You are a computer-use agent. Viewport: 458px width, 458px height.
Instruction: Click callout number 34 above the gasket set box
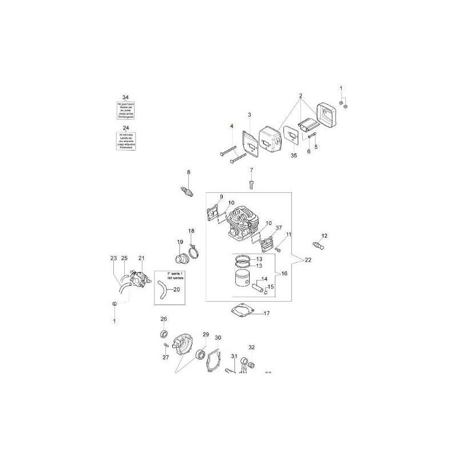coord(125,98)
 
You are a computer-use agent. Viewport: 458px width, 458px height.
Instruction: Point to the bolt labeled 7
coord(251,183)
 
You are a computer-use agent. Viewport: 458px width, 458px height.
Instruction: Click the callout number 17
coord(266,313)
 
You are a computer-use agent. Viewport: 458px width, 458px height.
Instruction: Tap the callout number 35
coord(294,155)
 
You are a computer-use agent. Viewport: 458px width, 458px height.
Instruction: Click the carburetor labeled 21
coord(137,280)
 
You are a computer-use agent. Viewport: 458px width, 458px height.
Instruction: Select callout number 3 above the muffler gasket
coord(249,115)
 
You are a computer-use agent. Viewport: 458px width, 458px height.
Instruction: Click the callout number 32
coord(251,347)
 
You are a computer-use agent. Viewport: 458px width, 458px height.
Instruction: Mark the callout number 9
coord(220,197)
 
